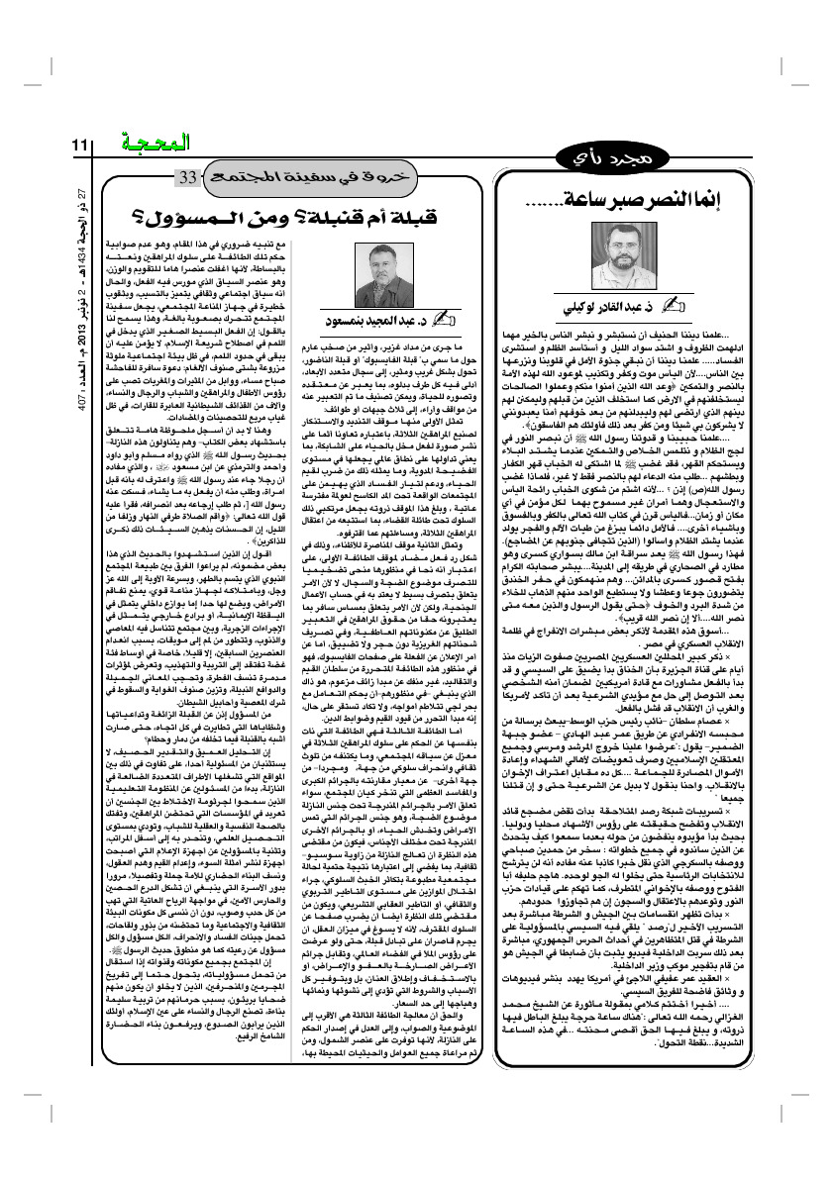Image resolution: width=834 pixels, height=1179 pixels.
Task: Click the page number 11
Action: pos(80,146)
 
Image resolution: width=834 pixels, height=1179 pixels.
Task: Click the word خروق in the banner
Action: pos(371,178)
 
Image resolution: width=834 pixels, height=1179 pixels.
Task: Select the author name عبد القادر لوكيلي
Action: pos(613,304)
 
